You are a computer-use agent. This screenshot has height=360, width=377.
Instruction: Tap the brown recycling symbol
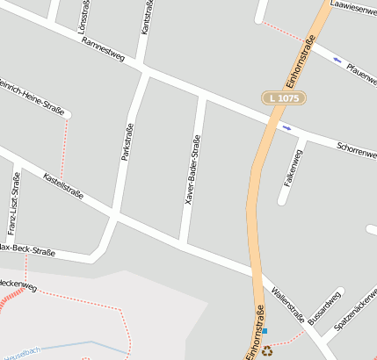click(x=267, y=349)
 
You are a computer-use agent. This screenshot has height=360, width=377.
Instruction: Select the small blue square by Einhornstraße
click(x=265, y=332)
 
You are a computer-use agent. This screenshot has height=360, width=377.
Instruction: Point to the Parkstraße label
click(x=127, y=140)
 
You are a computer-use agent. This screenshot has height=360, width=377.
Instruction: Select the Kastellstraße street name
click(x=63, y=185)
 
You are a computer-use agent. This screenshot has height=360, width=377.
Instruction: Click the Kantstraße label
click(x=147, y=18)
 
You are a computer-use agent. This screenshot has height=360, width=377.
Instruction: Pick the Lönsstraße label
click(x=83, y=12)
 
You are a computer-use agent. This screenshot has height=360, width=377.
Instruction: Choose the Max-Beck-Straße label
click(x=26, y=250)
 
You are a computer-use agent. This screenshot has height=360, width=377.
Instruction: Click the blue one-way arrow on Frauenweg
click(x=337, y=60)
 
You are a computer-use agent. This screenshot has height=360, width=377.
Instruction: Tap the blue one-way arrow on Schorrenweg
click(x=287, y=128)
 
